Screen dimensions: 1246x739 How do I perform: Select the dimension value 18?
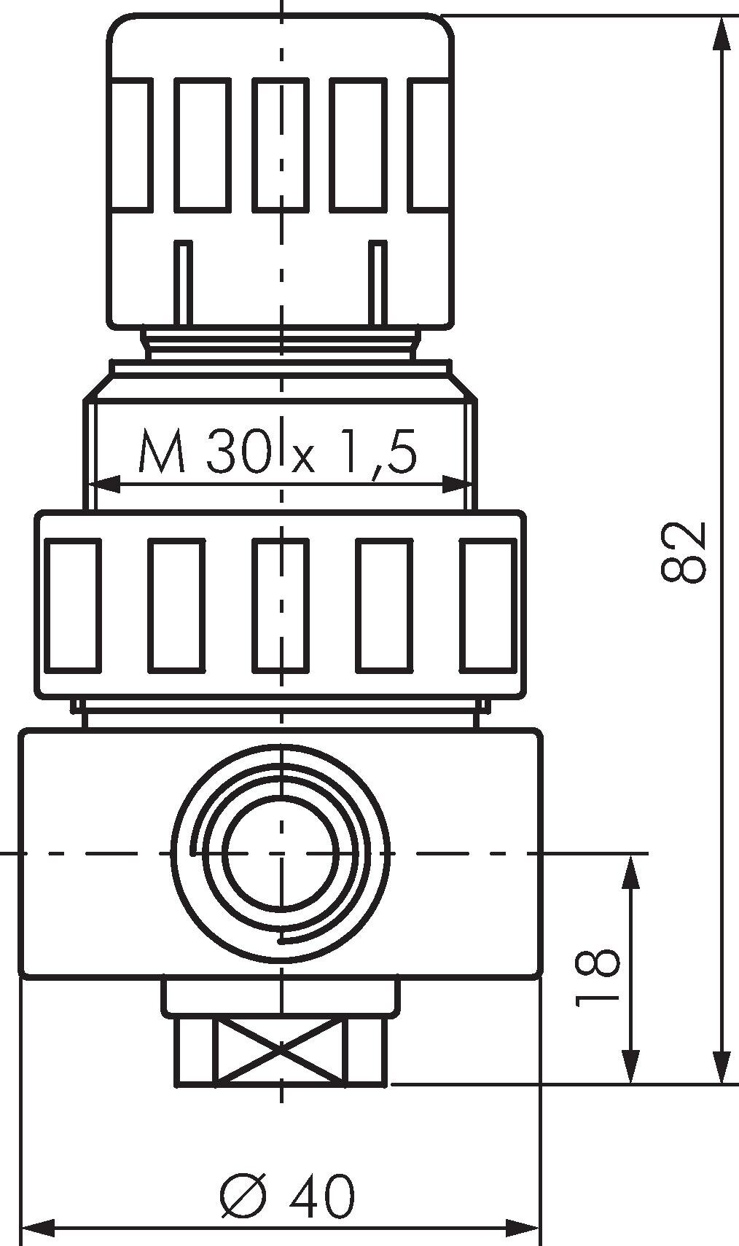(597, 977)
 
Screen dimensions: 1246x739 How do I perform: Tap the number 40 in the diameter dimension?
(321, 1195)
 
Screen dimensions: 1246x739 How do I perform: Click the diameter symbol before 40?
(241, 1195)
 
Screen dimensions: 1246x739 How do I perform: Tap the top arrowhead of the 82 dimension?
(721, 33)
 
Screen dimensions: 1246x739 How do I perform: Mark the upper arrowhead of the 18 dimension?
(632, 871)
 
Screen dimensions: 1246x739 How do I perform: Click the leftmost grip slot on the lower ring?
(73, 605)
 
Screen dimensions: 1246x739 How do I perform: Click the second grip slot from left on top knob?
(202, 145)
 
